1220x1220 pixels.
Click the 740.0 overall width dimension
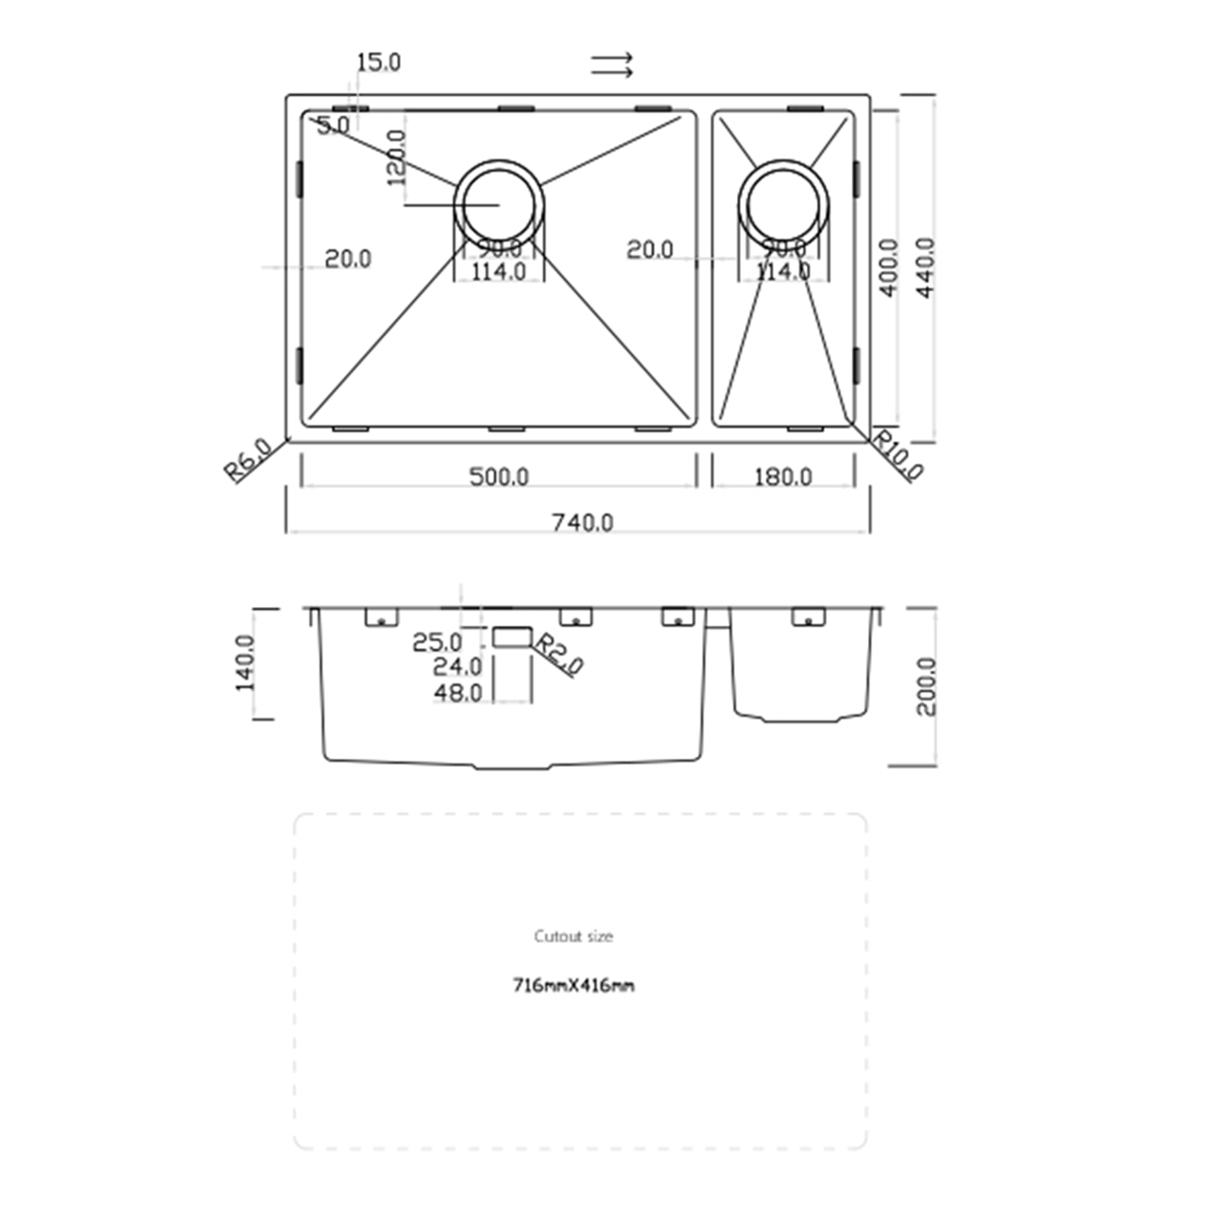tap(582, 522)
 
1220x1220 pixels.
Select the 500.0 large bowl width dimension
tap(499, 477)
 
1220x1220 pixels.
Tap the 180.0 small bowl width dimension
tap(782, 477)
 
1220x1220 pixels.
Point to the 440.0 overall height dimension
tap(926, 268)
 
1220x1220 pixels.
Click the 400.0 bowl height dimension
tap(888, 268)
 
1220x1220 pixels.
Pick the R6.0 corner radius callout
tap(247, 460)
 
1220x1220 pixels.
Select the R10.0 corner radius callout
tap(898, 455)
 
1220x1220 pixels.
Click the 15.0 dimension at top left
tap(378, 63)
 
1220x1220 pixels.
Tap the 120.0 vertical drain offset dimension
tap(396, 158)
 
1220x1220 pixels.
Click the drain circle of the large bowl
tap(499, 203)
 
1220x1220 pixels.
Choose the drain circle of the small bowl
tap(782, 203)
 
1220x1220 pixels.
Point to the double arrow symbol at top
tap(612, 65)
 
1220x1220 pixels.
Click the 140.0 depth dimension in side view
tap(245, 663)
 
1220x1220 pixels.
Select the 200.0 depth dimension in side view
tap(926, 686)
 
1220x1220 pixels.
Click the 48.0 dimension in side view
tap(457, 693)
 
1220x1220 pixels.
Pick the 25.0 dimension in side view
tap(437, 643)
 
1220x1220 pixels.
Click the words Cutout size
tap(573, 936)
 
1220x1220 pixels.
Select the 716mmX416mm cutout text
tap(573, 986)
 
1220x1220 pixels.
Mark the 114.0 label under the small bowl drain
tap(782, 271)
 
